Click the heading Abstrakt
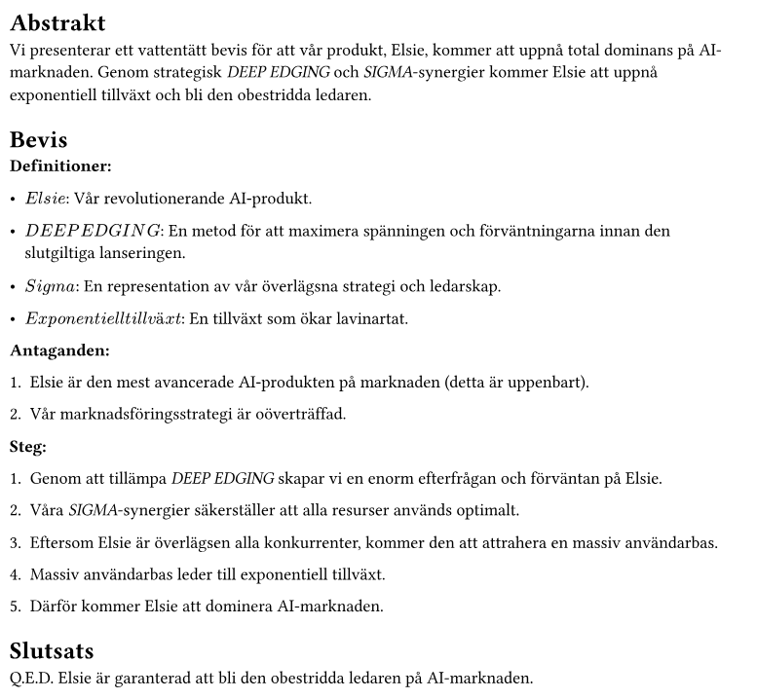click(57, 22)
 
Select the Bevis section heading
click(38, 139)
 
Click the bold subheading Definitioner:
click(60, 166)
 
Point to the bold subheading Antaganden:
click(59, 349)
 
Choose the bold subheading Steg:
click(28, 447)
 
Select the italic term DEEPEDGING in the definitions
click(93, 231)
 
